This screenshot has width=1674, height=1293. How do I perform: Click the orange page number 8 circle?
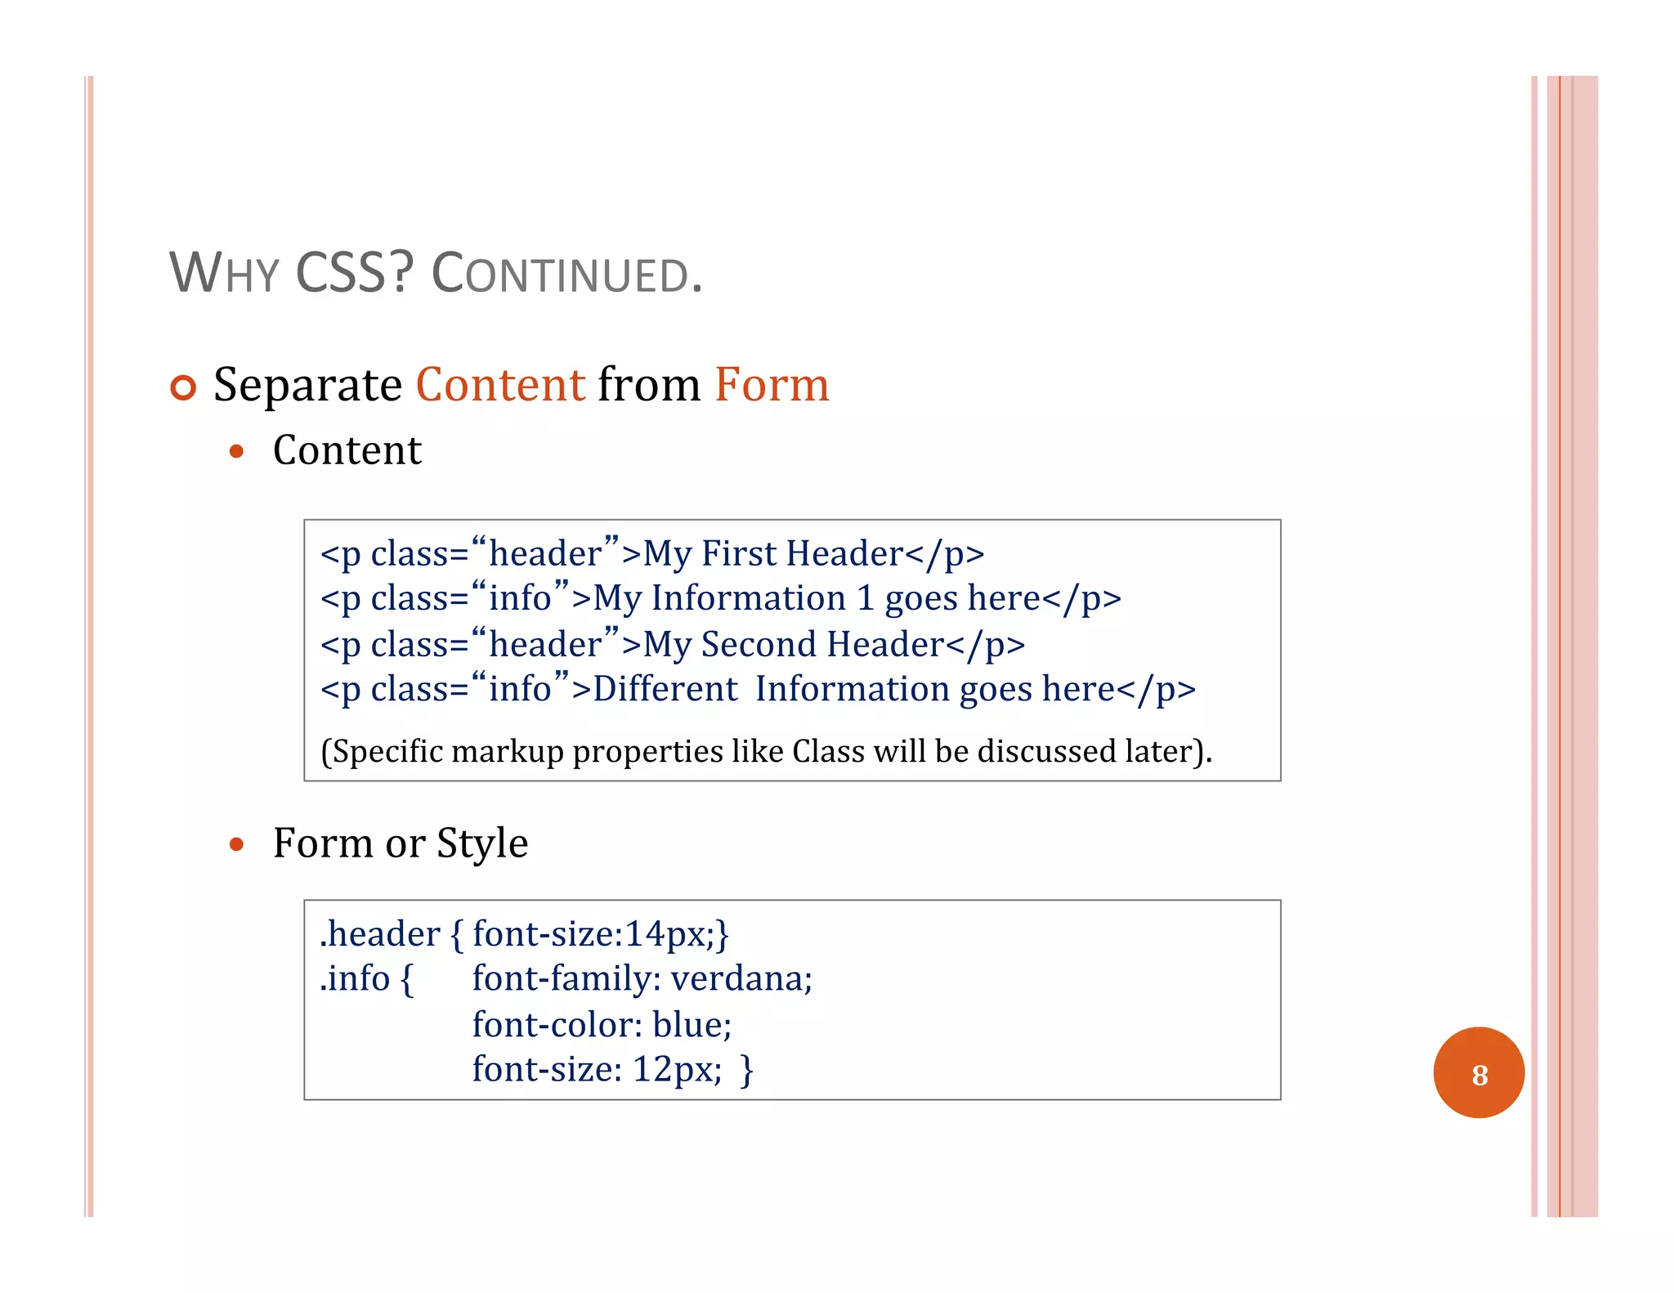pyautogui.click(x=1478, y=1073)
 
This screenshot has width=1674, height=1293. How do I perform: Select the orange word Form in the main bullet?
pyautogui.click(x=772, y=385)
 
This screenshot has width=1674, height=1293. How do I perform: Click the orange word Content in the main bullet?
pyautogui.click(x=500, y=385)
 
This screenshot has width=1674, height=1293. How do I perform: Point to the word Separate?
pyautogui.click(x=307, y=386)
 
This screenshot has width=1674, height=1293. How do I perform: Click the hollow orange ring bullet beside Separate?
pyautogui.click(x=184, y=387)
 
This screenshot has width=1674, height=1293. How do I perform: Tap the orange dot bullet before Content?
pyautogui.click(x=237, y=451)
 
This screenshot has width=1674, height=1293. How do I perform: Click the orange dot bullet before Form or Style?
pyautogui.click(x=237, y=844)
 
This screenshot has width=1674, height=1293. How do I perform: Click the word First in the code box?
pyautogui.click(x=739, y=554)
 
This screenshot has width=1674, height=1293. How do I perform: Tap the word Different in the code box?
pyautogui.click(x=665, y=690)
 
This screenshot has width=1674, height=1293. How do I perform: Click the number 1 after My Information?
pyautogui.click(x=866, y=599)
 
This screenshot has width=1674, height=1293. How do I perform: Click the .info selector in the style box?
pyautogui.click(x=356, y=979)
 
